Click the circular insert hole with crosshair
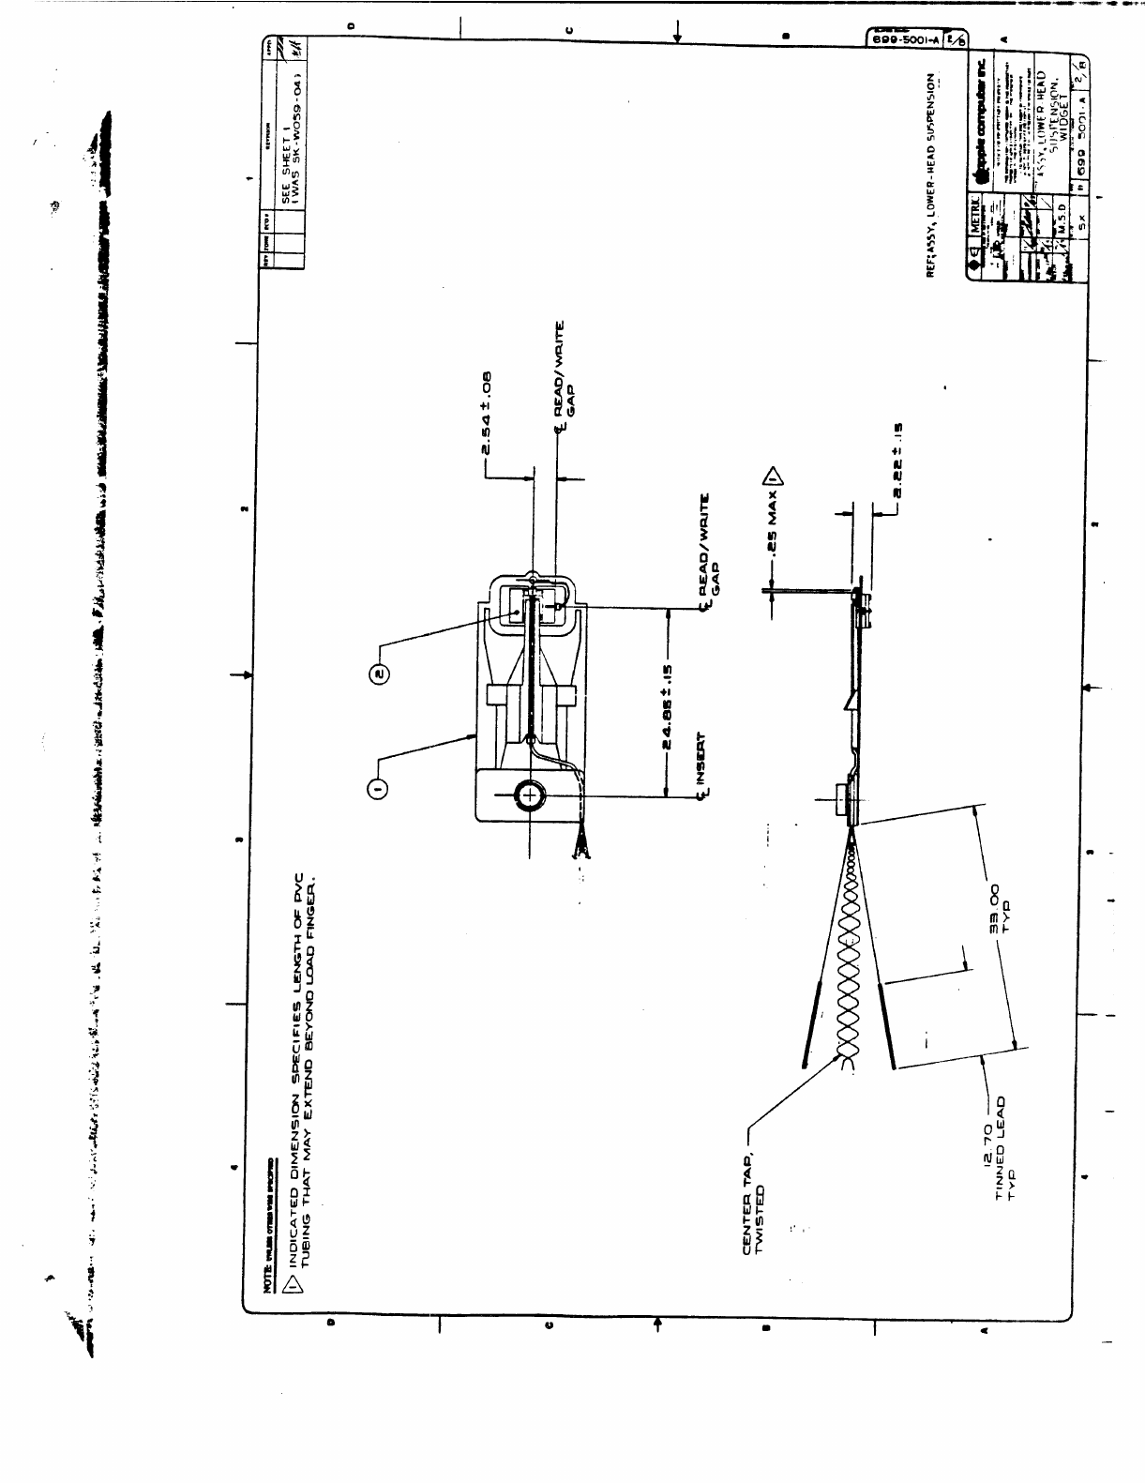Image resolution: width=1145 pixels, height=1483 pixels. point(530,796)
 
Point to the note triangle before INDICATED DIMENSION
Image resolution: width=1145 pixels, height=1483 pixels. point(293,1282)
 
